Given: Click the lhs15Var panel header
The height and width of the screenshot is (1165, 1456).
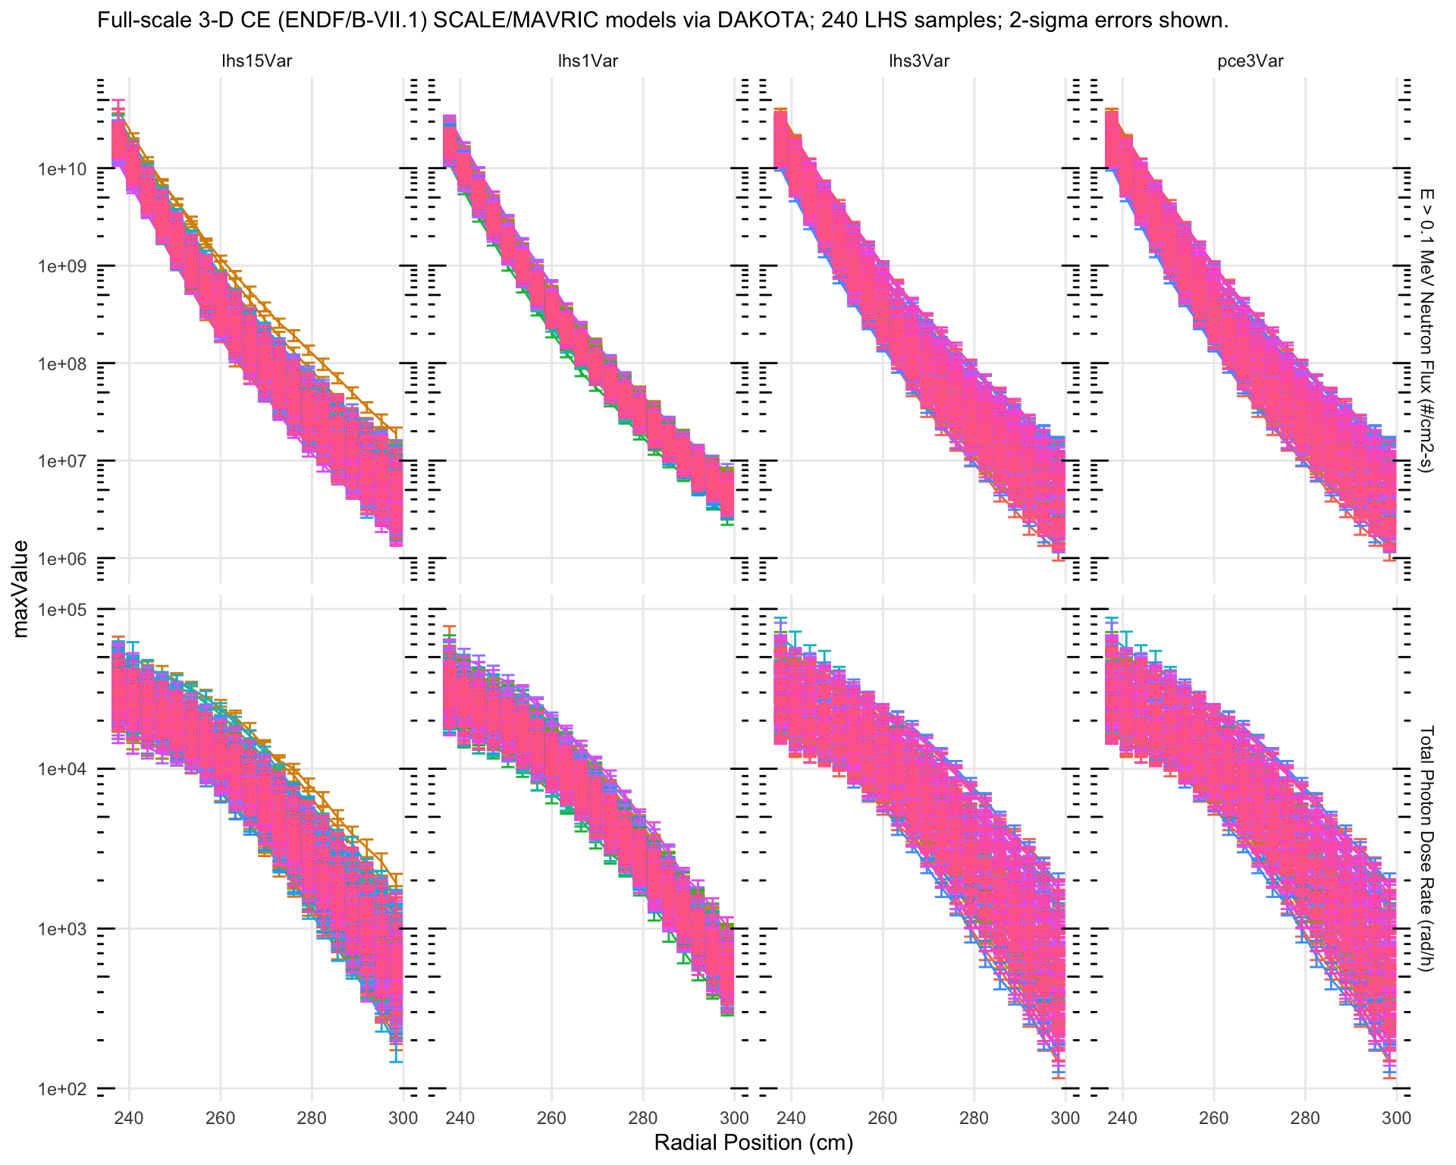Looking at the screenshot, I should coord(256,61).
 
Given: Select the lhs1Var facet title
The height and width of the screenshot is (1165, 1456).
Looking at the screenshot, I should coord(588,61).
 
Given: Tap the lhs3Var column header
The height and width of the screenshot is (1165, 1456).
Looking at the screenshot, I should coord(918,61).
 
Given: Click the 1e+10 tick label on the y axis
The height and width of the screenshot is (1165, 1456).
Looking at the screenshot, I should coord(62,168).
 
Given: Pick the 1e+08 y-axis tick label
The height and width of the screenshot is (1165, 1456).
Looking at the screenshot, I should coord(62,363).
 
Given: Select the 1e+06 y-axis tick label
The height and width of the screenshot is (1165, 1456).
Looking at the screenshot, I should coord(62,558).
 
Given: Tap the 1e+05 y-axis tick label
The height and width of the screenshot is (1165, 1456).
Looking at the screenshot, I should coord(62,609).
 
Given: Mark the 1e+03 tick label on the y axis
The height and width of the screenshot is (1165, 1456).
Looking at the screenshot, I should coord(62,928).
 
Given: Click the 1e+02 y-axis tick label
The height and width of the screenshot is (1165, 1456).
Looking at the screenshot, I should coord(62,1088).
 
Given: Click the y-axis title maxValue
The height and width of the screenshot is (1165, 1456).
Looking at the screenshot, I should coord(21,589).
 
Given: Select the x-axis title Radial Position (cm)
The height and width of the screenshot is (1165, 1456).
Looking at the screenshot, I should coord(753,1143).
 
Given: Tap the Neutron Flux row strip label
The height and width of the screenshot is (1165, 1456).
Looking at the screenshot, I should coord(1426,330).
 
